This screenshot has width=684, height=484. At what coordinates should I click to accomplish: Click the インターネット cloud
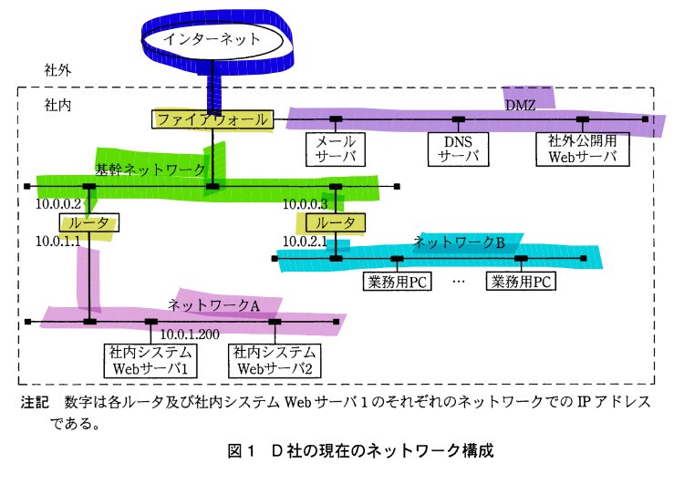(x=212, y=39)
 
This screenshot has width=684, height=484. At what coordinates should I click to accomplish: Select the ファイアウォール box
(x=212, y=119)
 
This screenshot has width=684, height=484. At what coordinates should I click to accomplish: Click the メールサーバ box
(x=335, y=149)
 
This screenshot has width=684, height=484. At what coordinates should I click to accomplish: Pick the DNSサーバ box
(x=459, y=149)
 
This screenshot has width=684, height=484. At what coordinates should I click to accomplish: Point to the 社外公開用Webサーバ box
(x=583, y=149)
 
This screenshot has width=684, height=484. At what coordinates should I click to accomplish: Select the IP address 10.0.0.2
(x=59, y=204)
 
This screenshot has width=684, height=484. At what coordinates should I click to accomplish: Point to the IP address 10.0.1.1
(x=58, y=242)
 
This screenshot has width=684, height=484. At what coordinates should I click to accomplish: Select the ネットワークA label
(x=213, y=304)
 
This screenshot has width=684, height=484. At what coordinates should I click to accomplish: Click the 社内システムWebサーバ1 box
(x=150, y=361)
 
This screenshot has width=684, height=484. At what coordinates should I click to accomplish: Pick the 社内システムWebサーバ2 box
(x=274, y=361)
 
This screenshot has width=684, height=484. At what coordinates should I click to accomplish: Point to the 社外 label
(x=58, y=70)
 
